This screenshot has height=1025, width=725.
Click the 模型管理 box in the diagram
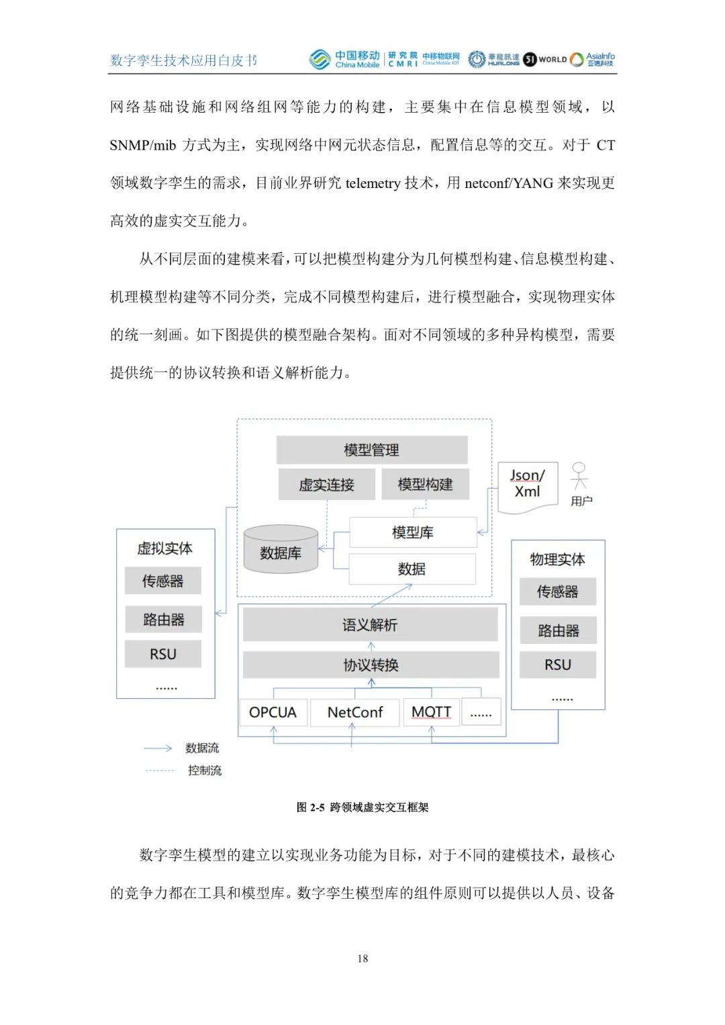click(x=371, y=450)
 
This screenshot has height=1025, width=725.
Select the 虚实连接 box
click(x=326, y=485)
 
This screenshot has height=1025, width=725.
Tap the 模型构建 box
click(x=424, y=484)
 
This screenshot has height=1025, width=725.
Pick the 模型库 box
click(x=412, y=532)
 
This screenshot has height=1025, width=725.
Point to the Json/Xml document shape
click(x=528, y=486)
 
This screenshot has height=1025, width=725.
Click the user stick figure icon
click(x=579, y=477)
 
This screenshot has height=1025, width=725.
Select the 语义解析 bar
click(x=370, y=625)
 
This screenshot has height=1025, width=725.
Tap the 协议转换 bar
click(x=371, y=665)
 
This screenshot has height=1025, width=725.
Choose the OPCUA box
click(x=273, y=712)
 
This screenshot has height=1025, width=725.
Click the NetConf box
click(x=354, y=712)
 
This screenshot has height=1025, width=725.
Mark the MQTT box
click(x=431, y=712)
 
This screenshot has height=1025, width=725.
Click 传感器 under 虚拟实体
click(x=162, y=581)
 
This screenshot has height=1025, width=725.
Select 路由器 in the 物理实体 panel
click(x=558, y=630)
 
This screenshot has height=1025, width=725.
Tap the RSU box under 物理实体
click(x=558, y=665)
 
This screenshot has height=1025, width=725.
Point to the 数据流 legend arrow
click(x=158, y=748)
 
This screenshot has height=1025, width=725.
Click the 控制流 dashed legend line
click(x=160, y=771)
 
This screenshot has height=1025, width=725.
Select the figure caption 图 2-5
click(x=362, y=807)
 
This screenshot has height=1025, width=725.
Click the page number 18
click(x=362, y=959)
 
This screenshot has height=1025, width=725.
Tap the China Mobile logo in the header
click(x=344, y=60)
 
